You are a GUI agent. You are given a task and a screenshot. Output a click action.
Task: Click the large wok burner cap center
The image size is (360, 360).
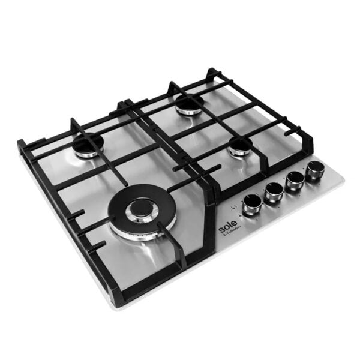click(x=142, y=209)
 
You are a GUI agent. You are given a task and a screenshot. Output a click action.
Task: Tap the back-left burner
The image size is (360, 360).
click(x=88, y=144)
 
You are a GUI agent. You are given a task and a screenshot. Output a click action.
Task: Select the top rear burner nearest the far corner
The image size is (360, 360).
click(x=190, y=104)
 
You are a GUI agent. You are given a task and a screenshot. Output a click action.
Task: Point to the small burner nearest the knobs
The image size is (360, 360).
click(x=239, y=145)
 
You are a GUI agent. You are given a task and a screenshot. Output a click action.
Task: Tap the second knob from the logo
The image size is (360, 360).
click(x=274, y=190)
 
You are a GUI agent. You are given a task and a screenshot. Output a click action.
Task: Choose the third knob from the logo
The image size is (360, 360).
click(x=294, y=181)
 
